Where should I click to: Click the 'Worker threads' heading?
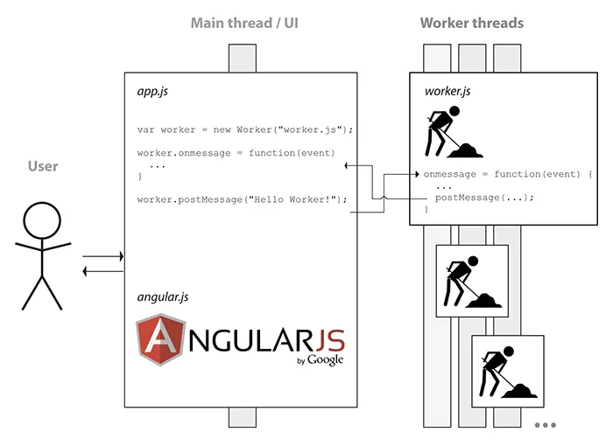pyautogui.click(x=471, y=23)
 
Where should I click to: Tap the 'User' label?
pyautogui.click(x=42, y=166)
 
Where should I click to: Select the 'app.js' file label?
pyautogui.click(x=154, y=90)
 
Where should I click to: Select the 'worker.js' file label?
pyautogui.click(x=447, y=90)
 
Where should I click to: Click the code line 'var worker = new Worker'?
pyautogui.click(x=244, y=129)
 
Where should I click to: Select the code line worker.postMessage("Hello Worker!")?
pyautogui.click(x=242, y=199)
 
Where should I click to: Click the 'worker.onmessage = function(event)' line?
pyautogui.click(x=235, y=153)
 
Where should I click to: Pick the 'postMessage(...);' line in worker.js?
pyautogui.click(x=483, y=197)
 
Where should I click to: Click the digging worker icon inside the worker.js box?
pyautogui.click(x=453, y=132)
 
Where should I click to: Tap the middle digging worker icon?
pyautogui.click(x=472, y=282)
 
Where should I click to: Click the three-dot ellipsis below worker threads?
pyautogui.click(x=545, y=426)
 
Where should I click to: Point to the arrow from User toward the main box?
pyautogui.click(x=102, y=257)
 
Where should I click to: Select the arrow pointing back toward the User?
pyautogui.click(x=102, y=271)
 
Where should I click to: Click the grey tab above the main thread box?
pyautogui.click(x=243, y=59)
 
